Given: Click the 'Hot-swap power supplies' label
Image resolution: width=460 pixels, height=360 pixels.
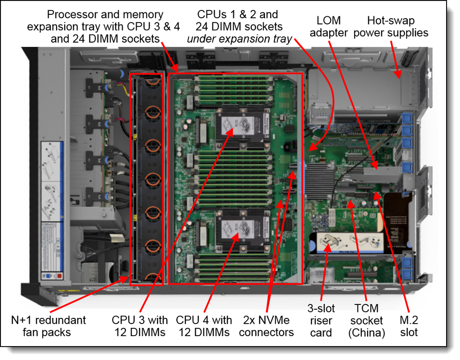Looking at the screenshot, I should click(x=397, y=27).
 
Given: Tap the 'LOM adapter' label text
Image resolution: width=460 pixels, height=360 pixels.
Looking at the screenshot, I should click(x=329, y=27).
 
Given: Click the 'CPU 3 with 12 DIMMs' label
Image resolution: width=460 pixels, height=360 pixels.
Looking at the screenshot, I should click(x=140, y=326).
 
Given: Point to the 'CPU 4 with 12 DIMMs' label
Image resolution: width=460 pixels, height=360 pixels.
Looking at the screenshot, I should click(x=204, y=326).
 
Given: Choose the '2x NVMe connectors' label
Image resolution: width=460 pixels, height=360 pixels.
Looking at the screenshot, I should click(x=266, y=326).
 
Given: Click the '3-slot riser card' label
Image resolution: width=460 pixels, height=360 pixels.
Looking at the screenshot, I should click(x=321, y=320).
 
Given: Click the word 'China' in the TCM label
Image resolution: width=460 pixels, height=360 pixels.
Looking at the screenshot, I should click(x=367, y=333).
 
